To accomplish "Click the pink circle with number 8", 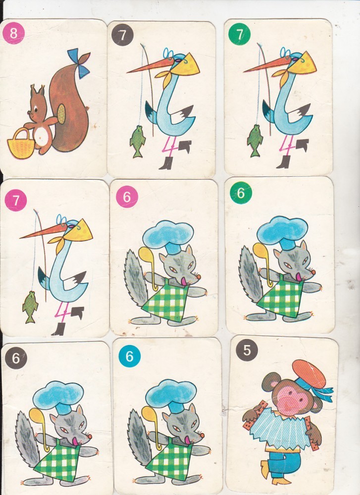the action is pos(13,33).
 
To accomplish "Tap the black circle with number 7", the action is pos(122,35).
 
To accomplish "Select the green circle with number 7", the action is pos(239,34).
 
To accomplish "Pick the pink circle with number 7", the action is pos(16,200).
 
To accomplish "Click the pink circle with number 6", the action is pos(127,197).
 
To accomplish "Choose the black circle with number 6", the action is pos(16,358).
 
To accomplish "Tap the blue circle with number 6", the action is pos(129,356).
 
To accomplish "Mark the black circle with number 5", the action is pos(247,350).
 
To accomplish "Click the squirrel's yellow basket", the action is pos(21,144).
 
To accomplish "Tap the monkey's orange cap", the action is pos(309,374).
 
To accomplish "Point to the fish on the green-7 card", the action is pos(255,141).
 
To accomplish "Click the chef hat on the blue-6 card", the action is pos(171,396).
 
